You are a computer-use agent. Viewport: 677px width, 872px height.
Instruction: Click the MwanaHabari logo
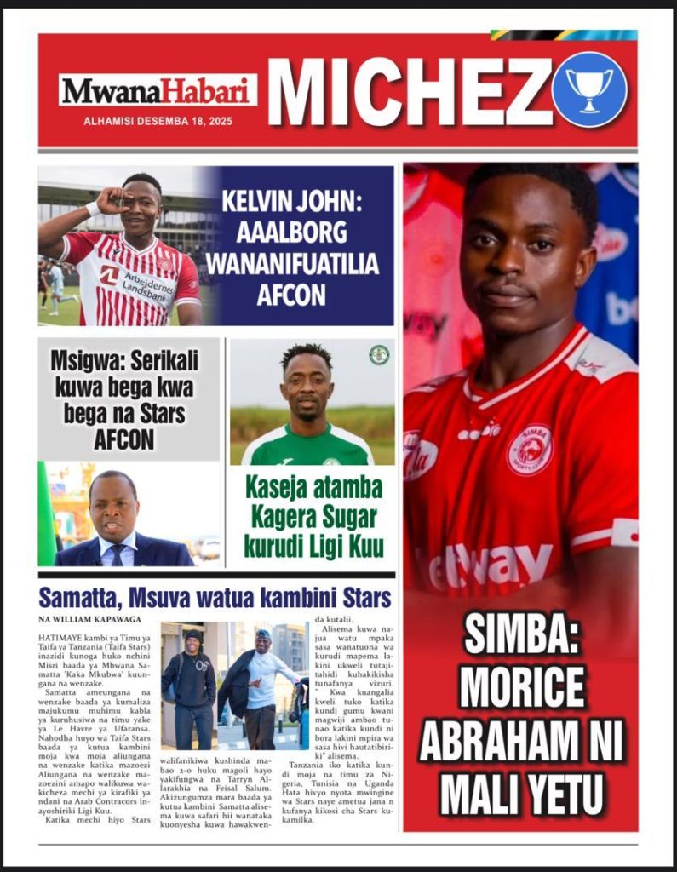click(158, 90)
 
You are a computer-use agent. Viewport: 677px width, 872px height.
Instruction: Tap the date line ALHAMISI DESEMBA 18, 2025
click(158, 122)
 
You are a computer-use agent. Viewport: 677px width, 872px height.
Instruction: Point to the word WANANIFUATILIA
click(292, 264)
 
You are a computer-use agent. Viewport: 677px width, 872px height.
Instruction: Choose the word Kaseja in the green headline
click(278, 489)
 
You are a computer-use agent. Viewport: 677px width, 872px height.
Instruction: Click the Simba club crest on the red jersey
click(530, 449)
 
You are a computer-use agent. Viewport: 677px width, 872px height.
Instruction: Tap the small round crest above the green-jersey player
click(378, 355)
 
